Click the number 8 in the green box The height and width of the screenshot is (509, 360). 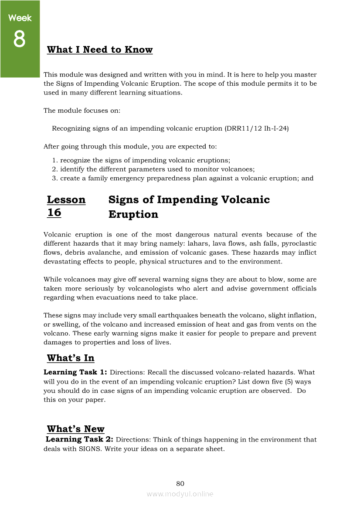(20, 40)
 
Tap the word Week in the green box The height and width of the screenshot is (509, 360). (20, 18)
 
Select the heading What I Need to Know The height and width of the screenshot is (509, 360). (100, 50)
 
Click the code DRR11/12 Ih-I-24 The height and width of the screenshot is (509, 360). (257, 128)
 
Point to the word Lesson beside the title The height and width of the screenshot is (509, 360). (66, 200)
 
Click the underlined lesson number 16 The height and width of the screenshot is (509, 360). (54, 213)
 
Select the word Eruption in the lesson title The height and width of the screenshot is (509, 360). (133, 215)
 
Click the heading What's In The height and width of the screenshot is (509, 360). (71, 358)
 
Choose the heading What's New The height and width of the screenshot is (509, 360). (75, 429)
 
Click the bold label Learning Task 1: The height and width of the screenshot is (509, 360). (75, 372)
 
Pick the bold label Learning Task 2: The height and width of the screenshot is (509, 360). (80, 440)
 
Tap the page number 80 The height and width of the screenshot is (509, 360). (180, 484)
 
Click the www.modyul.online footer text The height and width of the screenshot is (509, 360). (180, 494)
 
